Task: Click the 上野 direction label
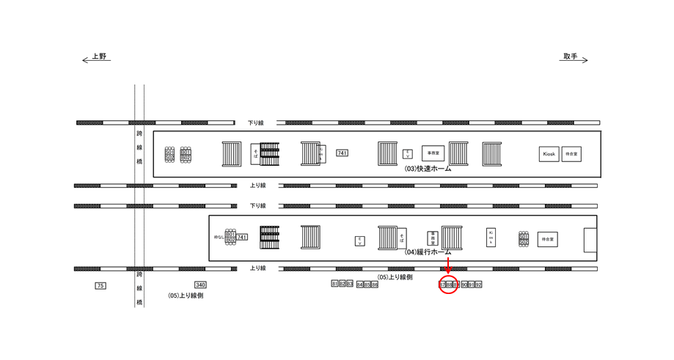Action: (99, 56)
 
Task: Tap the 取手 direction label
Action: (571, 56)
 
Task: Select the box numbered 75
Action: (100, 285)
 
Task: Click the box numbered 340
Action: (200, 284)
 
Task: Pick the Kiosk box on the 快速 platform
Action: (549, 154)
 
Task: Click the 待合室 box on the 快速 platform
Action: (571, 154)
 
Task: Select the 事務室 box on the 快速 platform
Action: (433, 153)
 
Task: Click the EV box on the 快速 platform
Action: (408, 153)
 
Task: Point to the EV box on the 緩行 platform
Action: (360, 240)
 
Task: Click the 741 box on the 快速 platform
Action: (342, 153)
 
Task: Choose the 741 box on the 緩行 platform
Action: (242, 237)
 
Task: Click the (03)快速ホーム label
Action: (428, 169)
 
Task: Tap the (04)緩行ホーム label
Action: (428, 251)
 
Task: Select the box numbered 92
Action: (478, 284)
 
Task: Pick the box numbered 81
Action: (334, 284)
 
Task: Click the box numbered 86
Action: (375, 284)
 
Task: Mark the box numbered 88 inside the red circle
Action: (449, 284)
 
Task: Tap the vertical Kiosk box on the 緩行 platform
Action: (491, 237)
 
